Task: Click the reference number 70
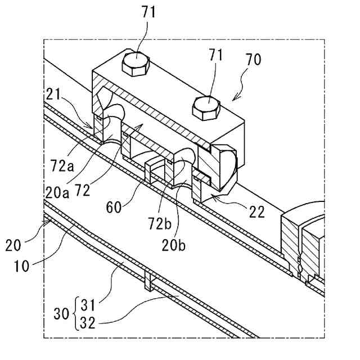254,60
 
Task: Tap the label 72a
62,166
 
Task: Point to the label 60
114,208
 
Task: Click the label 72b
160,223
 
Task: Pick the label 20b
174,245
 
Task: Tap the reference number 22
257,211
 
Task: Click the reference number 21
53,94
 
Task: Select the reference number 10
21,266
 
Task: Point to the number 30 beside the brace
61,314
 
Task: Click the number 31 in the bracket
88,305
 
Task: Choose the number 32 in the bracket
88,323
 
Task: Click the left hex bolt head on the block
136,65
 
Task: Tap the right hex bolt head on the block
206,108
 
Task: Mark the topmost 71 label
148,12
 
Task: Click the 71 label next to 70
215,55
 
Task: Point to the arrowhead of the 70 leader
233,100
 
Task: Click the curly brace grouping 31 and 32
76,314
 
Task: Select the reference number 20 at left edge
13,245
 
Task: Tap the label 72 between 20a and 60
82,190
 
